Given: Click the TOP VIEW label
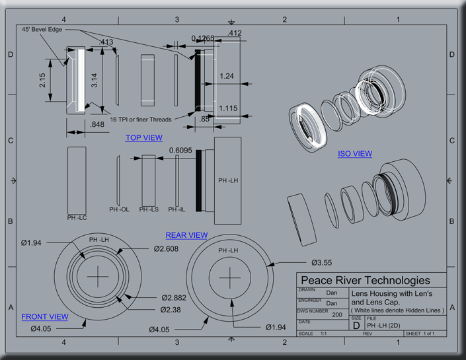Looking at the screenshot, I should [x=143, y=138].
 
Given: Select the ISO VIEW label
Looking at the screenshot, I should [x=355, y=154].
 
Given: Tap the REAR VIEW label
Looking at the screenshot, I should [x=186, y=235].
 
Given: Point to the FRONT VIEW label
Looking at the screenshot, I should [x=44, y=317].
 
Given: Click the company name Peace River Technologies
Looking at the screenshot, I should [x=364, y=280].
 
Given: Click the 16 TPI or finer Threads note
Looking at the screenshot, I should [x=141, y=120].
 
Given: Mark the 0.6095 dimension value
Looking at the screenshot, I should [x=180, y=151].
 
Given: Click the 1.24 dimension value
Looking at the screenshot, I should [x=227, y=77].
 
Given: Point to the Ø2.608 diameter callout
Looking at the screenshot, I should [x=167, y=249].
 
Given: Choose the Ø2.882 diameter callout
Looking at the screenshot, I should [x=175, y=298].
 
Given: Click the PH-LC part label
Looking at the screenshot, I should [x=77, y=217].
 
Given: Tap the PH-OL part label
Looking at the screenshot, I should [x=119, y=210].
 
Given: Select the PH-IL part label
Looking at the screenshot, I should [x=176, y=210].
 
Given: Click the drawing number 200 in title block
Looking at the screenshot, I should [x=337, y=315].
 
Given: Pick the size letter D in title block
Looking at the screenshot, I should [x=356, y=325].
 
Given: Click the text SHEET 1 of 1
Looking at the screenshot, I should [x=420, y=334].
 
